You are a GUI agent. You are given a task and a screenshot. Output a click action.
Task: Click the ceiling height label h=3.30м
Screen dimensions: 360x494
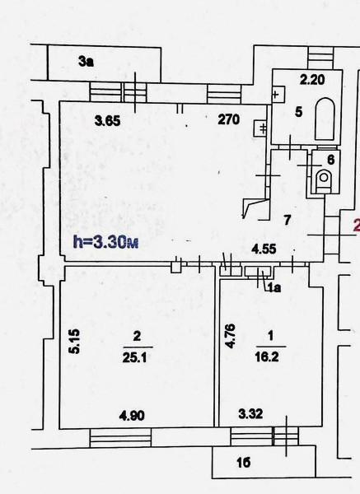click(105, 242)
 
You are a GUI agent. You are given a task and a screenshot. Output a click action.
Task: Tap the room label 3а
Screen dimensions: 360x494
click(86, 62)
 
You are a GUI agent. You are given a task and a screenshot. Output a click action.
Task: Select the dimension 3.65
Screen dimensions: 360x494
click(108, 121)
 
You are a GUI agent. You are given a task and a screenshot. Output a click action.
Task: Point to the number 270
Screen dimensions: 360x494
click(228, 119)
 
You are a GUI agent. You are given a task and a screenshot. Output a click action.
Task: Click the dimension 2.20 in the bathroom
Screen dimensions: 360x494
click(312, 79)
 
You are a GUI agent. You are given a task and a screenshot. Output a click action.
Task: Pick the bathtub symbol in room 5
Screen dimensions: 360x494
click(325, 119)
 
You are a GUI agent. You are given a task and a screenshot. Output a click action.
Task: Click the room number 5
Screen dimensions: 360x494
click(298, 111)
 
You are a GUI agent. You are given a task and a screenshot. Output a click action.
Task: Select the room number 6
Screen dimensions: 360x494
click(330, 160)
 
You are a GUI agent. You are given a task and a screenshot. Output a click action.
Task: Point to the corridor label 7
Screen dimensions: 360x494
click(287, 220)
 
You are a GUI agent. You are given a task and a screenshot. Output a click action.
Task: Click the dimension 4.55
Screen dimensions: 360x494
click(264, 249)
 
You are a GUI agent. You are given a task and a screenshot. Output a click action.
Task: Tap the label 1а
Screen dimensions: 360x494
click(274, 287)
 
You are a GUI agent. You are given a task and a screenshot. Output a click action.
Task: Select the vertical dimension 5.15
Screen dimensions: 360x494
click(75, 342)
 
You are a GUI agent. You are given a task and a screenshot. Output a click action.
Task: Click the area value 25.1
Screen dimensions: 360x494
click(134, 357)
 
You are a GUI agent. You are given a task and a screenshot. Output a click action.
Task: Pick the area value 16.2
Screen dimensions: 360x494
click(267, 357)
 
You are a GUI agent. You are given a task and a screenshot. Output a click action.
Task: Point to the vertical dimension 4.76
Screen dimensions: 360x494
click(230, 336)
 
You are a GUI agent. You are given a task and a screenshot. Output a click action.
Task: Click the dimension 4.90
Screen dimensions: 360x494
click(132, 416)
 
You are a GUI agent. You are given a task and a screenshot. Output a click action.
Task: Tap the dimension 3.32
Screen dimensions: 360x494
click(250, 413)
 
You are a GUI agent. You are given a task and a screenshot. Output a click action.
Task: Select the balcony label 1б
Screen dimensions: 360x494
click(244, 462)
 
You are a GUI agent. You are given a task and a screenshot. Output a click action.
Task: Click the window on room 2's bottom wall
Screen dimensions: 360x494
click(120, 437)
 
